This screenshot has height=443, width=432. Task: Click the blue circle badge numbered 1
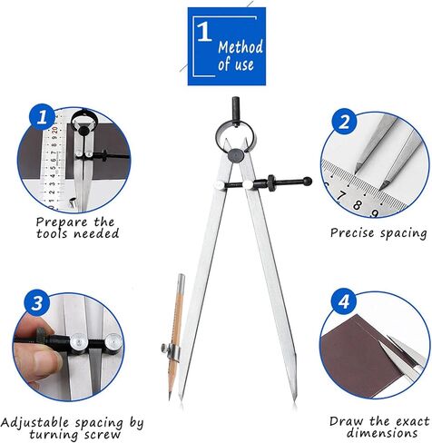point(39,117)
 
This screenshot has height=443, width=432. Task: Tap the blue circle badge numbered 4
point(343,300)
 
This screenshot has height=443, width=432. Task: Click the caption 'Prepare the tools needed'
point(77,227)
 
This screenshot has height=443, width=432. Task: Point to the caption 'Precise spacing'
point(378,233)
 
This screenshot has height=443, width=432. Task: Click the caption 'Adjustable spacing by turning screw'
point(73,428)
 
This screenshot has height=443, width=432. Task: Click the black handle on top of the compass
point(236,111)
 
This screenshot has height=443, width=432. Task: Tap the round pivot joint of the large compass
point(236,155)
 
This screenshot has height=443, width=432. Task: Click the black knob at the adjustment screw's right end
point(307,181)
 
